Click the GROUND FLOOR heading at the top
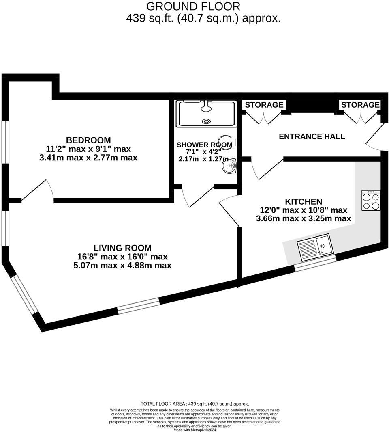tap(193, 6)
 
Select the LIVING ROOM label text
tap(122, 248)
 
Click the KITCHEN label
tap(304, 201)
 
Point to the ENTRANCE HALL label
tap(312, 136)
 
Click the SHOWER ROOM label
tap(204, 145)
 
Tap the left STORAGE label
tap(264, 105)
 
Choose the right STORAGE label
tap(360, 105)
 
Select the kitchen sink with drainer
tap(315, 248)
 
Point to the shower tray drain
tap(207, 121)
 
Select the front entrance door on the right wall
tap(376, 138)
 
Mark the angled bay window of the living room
tap(23, 294)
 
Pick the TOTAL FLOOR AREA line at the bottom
tap(194, 404)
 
